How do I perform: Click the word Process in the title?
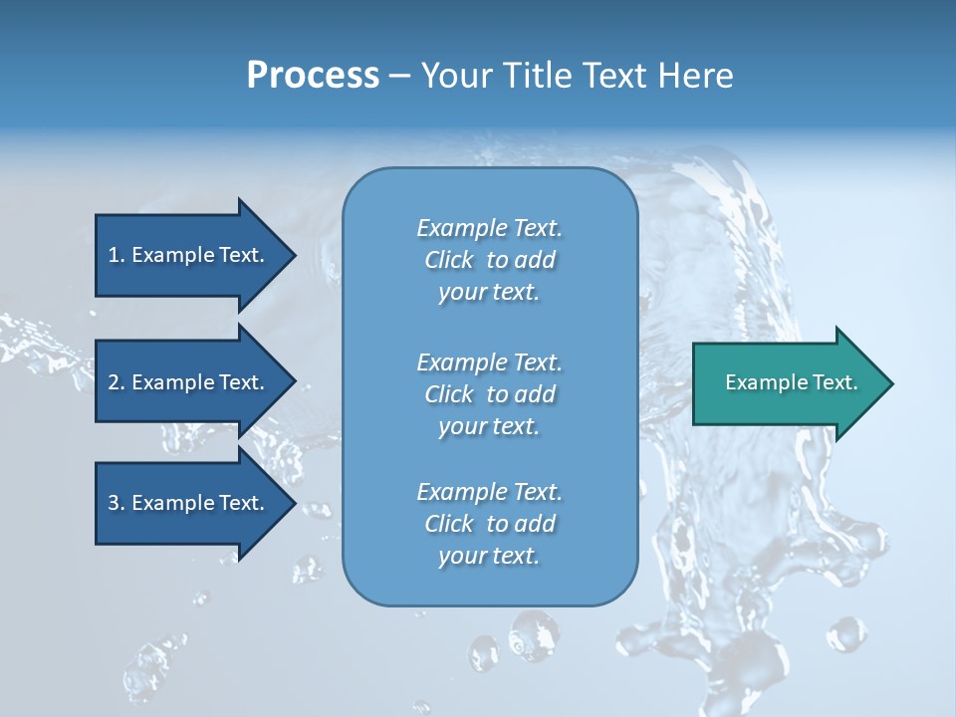tap(313, 76)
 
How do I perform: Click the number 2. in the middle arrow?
tap(116, 382)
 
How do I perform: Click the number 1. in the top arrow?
tap(116, 255)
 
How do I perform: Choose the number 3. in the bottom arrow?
tap(116, 504)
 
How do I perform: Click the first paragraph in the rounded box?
tap(489, 260)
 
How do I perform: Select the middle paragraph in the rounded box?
tap(489, 394)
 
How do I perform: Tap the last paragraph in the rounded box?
tap(489, 524)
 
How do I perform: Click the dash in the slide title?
tap(399, 76)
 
